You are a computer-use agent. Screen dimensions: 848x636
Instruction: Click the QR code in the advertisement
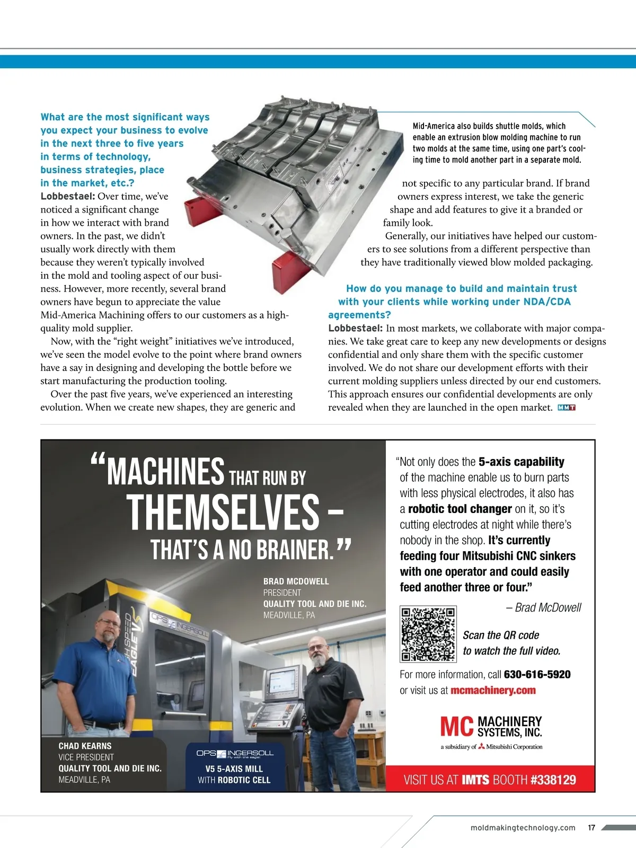tap(428, 634)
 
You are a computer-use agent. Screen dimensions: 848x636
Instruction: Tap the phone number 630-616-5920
tap(537, 675)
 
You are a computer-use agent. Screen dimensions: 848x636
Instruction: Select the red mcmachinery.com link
tap(493, 691)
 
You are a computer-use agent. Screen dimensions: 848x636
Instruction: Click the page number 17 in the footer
tap(591, 828)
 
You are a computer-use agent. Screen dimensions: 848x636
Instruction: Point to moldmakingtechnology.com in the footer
tap(523, 828)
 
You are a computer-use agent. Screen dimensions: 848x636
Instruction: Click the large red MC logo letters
tap(456, 727)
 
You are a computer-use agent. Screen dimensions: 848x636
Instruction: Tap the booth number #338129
tap(553, 780)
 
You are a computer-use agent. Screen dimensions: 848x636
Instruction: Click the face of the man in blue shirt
tap(110, 627)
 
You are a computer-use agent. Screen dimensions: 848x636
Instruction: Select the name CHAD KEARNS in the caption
tap(85, 746)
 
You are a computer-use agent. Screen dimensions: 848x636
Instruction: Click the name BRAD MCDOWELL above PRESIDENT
tap(296, 581)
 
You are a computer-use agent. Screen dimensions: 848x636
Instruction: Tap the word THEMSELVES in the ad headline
tap(223, 512)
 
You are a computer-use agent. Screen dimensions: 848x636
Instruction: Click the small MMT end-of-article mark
tap(567, 408)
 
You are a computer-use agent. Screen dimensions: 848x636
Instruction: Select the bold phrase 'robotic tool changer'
tap(460, 509)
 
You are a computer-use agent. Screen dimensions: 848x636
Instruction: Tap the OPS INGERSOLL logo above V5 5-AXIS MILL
tap(235, 753)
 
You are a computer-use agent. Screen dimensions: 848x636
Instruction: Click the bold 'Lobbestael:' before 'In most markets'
tap(355, 329)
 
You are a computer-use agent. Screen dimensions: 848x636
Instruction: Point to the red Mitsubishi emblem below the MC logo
tap(481, 746)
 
